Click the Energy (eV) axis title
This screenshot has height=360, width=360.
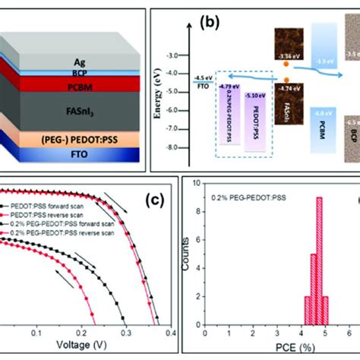(181, 98)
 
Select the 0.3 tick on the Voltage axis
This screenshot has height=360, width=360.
(124, 333)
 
